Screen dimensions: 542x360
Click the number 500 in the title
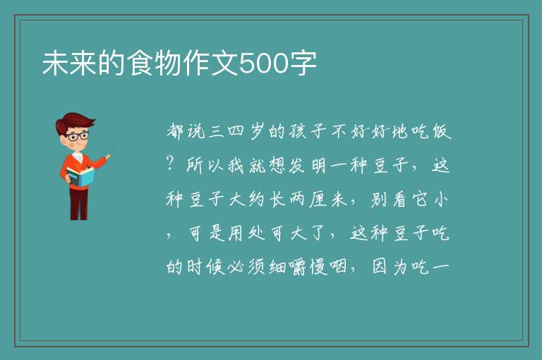[264, 64]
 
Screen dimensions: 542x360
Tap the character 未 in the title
[56, 63]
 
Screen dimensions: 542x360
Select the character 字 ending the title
[303, 64]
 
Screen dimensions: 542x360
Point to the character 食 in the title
[140, 63]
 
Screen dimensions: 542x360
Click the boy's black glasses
[78, 136]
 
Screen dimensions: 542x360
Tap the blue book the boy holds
[80, 176]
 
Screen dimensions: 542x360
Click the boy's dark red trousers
[79, 204]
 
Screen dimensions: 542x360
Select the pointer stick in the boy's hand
[110, 151]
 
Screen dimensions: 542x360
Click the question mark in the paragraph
[170, 162]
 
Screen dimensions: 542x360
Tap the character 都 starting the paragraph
[175, 131]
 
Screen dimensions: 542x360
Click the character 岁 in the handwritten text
[257, 131]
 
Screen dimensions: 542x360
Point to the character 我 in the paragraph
[236, 165]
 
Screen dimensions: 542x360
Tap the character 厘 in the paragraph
[318, 199]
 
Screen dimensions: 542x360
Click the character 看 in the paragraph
[399, 199]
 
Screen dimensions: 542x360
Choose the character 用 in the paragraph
[236, 233]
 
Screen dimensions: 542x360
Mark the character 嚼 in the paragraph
[298, 267]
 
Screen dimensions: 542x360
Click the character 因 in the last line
[380, 267]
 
